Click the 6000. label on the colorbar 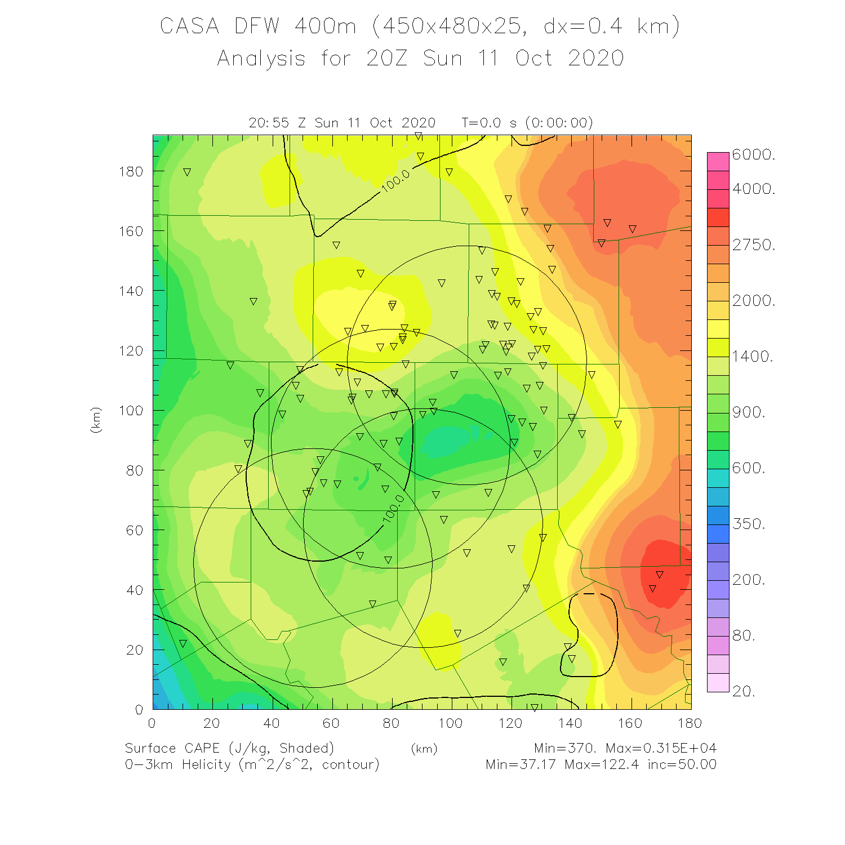(754, 155)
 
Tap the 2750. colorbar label (754, 245)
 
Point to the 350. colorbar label (749, 524)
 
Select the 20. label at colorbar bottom (744, 691)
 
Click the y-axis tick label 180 (131, 171)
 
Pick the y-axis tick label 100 (131, 411)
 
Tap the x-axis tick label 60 (331, 723)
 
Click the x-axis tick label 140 (570, 723)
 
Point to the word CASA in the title (189, 26)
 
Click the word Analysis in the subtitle (261, 58)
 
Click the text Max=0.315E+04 (661, 748)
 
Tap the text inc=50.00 (682, 764)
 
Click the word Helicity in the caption (206, 764)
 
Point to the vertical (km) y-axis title (96, 420)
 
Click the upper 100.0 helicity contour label (396, 181)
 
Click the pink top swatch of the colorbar (718, 161)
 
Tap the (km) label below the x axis (424, 749)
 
